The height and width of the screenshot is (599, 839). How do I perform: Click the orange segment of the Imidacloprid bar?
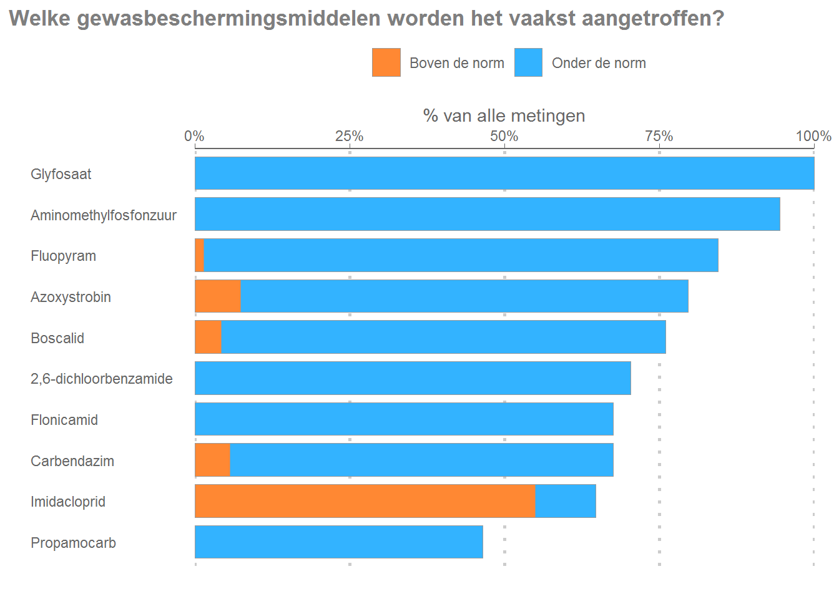pyautogui.click(x=365, y=501)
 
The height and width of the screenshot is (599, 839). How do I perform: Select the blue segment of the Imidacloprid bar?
pyautogui.click(x=566, y=501)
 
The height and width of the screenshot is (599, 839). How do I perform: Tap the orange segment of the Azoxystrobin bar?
pyautogui.click(x=218, y=296)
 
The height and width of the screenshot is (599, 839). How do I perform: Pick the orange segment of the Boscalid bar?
pyautogui.click(x=209, y=338)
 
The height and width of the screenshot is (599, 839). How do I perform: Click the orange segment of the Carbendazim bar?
pyautogui.click(x=213, y=460)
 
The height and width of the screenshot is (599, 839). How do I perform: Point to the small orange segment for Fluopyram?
pyautogui.click(x=200, y=256)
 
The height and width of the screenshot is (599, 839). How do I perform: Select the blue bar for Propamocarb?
pyautogui.click(x=339, y=542)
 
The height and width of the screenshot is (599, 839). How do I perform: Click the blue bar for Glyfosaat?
pyautogui.click(x=504, y=173)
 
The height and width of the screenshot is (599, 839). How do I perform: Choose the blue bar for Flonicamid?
pyautogui.click(x=404, y=419)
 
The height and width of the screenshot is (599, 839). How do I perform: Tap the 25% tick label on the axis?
pyautogui.click(x=350, y=136)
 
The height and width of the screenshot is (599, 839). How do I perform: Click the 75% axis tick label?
pyautogui.click(x=659, y=136)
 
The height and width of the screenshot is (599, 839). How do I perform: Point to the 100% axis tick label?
pyautogui.click(x=813, y=136)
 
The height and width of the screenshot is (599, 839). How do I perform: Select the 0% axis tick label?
pyautogui.click(x=195, y=136)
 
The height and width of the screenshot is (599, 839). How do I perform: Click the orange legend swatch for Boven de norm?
pyautogui.click(x=386, y=62)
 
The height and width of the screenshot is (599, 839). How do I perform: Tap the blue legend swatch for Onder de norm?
pyautogui.click(x=528, y=62)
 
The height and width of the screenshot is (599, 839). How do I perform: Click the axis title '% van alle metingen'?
pyautogui.click(x=504, y=115)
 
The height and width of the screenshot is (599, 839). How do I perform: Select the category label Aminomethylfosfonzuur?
pyautogui.click(x=104, y=215)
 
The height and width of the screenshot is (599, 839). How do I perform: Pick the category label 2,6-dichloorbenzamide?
pyautogui.click(x=102, y=379)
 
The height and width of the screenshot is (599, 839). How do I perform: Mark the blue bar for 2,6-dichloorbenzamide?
pyautogui.click(x=413, y=378)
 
